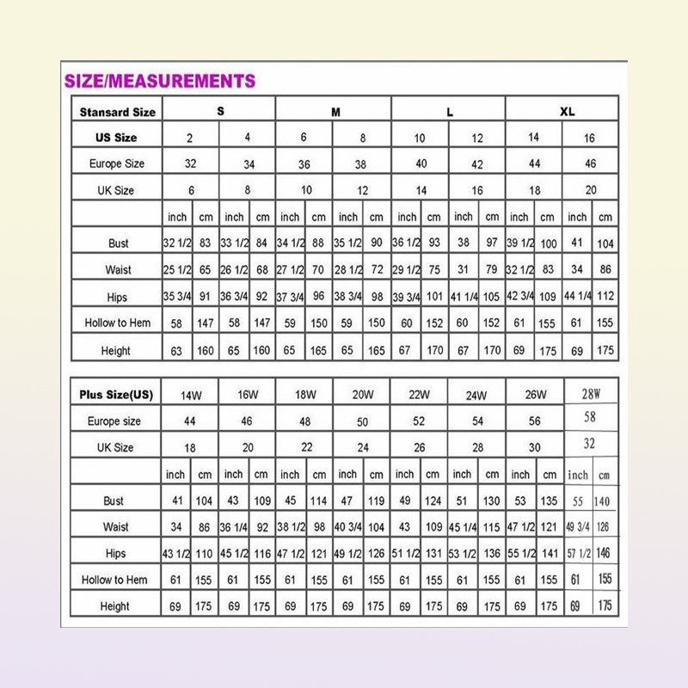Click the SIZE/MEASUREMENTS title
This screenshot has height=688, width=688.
[160, 82]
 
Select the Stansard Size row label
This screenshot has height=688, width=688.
[118, 112]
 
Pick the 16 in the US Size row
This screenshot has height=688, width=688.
[589, 138]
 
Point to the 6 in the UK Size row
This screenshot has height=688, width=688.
[191, 190]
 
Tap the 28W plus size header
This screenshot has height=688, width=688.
[590, 394]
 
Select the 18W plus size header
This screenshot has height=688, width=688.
[304, 395]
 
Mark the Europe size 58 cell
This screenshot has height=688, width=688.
[590, 417]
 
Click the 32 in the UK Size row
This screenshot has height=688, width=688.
[590, 444]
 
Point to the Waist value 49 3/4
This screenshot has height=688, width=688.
[576, 527]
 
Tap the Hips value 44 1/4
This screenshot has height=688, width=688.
[577, 297]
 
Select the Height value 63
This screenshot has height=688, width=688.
[175, 351]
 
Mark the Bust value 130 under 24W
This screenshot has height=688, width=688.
[491, 501]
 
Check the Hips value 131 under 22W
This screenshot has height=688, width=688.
[433, 554]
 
